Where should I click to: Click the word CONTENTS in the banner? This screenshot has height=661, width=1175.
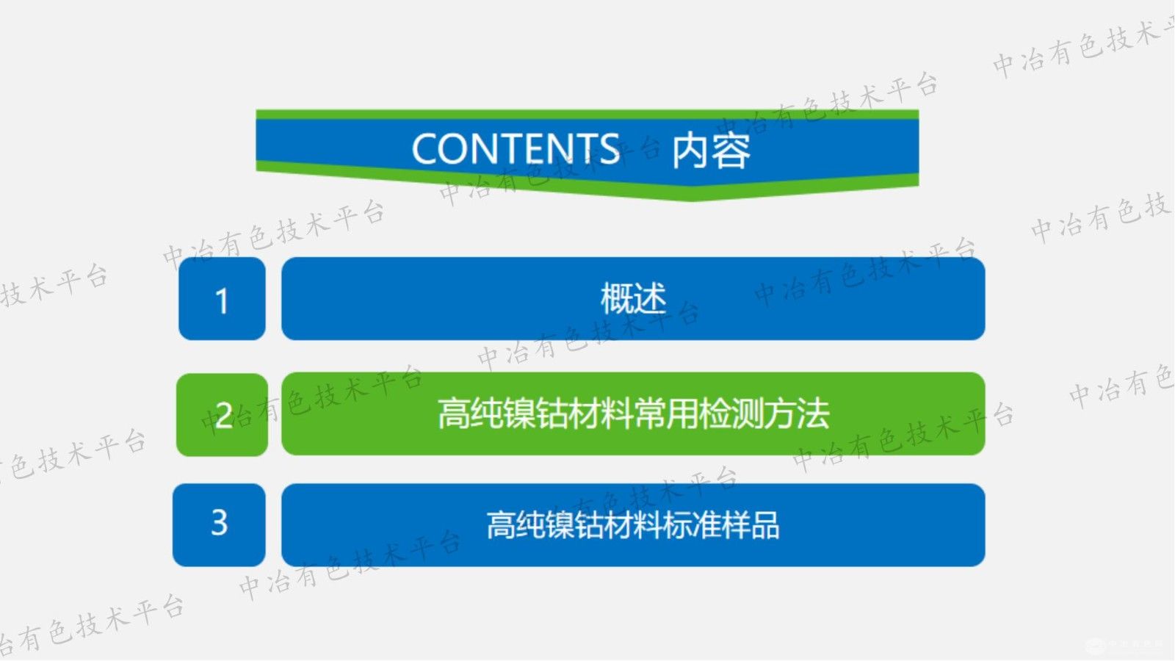(x=516, y=149)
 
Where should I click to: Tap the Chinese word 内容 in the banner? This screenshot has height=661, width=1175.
(x=711, y=151)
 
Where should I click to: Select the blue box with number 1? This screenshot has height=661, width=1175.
(x=222, y=299)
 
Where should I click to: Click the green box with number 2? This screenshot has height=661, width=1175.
(x=222, y=415)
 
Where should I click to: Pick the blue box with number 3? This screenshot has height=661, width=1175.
(x=219, y=524)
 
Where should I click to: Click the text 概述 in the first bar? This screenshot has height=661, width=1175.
(x=633, y=299)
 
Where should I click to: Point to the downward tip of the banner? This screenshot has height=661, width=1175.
(x=690, y=197)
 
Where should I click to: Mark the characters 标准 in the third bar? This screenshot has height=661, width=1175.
(x=691, y=526)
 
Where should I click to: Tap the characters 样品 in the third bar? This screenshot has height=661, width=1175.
(x=750, y=526)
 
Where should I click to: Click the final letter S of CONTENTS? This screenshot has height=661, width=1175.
(x=610, y=149)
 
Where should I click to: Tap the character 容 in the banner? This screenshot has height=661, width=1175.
(x=731, y=151)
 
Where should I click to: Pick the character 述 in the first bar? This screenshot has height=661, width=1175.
(x=650, y=299)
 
